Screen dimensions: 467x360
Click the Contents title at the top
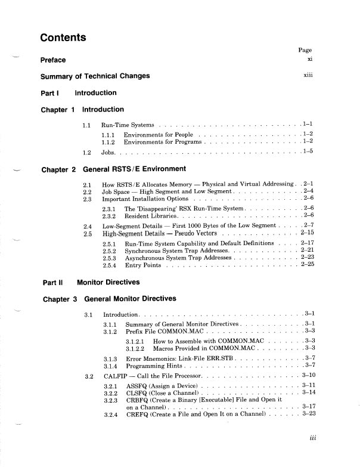click(x=63, y=38)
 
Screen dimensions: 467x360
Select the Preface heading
click(x=53, y=60)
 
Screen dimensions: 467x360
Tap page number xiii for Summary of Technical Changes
click(x=308, y=76)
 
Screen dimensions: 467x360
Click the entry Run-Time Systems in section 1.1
click(x=128, y=125)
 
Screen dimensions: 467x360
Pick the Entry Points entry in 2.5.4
click(x=142, y=265)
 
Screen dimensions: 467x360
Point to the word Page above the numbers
click(x=305, y=51)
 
